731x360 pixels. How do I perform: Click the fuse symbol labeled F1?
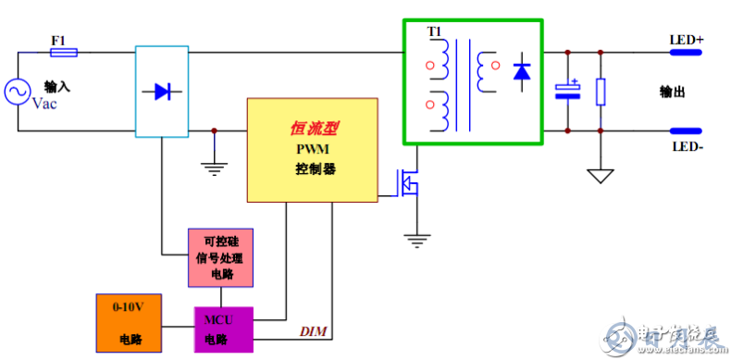coord(63,53)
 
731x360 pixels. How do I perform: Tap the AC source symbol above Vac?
coord(16,91)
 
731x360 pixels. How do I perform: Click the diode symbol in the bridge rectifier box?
coord(162,91)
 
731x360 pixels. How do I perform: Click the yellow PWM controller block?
coord(313,148)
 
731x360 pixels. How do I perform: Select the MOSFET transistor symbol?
coord(407,183)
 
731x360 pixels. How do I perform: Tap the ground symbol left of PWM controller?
coord(215,168)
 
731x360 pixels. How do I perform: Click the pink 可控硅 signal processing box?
coord(220,255)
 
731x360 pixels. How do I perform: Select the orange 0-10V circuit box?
coord(130,323)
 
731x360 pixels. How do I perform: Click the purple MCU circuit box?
coord(222,328)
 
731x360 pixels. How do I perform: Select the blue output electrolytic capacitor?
coord(566,91)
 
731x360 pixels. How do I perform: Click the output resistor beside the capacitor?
coord(601,91)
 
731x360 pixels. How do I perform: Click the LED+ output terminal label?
coord(686,41)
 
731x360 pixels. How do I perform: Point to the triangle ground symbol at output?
coord(601,175)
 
